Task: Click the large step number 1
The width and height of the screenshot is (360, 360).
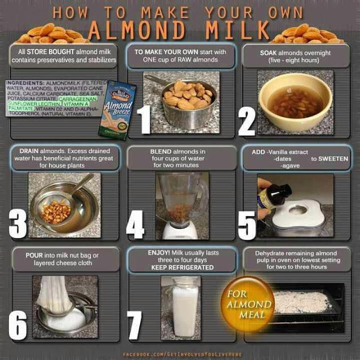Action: pos(143,119)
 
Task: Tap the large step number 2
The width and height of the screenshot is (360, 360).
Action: pos(247,119)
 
